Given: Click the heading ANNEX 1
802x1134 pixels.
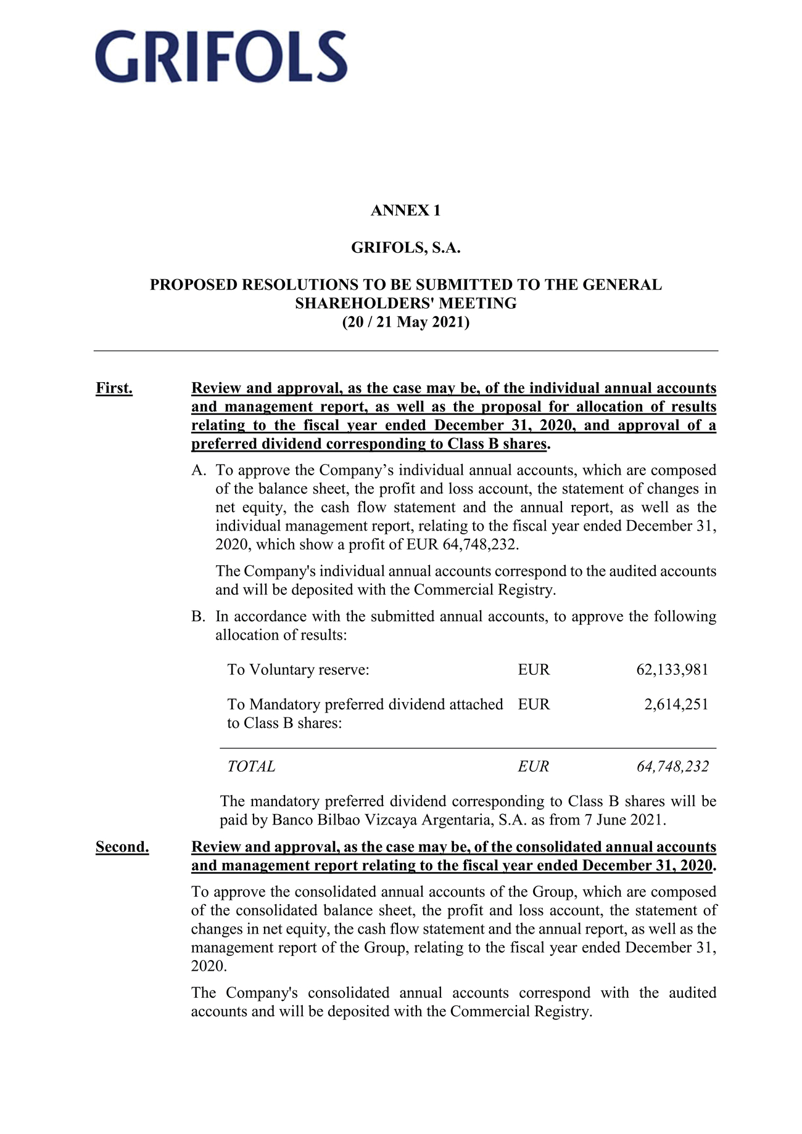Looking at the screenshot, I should point(405,211).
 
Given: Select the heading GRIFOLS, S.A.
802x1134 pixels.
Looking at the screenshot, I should point(406,248).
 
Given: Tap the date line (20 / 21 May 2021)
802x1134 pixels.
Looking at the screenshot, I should point(406,322).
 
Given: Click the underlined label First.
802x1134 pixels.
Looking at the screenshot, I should point(114,388).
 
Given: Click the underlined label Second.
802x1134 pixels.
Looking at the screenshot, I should point(122,847).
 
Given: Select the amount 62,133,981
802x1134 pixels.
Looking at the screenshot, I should point(672,670).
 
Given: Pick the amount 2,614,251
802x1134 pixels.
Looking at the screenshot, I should point(676,704).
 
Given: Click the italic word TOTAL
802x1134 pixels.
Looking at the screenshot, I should point(251,767).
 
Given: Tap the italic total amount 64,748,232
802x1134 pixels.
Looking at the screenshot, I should point(672,767).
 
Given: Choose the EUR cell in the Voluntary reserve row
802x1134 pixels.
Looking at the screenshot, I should point(534,670).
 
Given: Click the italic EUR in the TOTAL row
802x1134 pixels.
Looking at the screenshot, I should point(534,767).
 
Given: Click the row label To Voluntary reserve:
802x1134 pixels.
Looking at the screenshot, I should point(298,670).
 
